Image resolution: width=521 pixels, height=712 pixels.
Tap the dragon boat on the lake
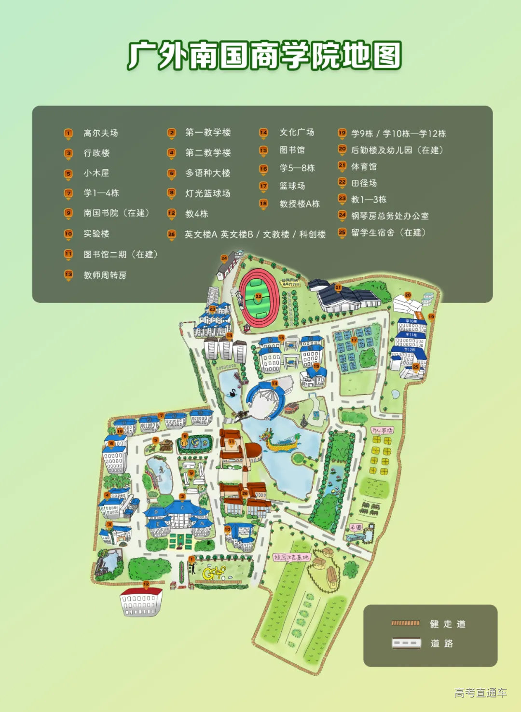tap(280, 441)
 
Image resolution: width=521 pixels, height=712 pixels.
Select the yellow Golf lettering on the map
tap(214, 573)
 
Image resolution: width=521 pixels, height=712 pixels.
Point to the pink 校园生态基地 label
tap(291, 557)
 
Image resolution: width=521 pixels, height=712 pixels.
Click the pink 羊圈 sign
tap(356, 527)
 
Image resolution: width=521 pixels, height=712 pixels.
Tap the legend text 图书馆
tap(292, 150)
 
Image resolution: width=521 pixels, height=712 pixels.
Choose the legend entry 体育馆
tap(364, 166)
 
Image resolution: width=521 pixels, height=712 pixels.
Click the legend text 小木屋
tap(96, 173)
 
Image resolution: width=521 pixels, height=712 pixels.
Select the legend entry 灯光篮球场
tap(207, 193)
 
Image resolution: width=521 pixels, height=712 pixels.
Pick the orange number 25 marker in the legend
tap(342, 233)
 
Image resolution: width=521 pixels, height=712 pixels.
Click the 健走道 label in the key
tap(447, 624)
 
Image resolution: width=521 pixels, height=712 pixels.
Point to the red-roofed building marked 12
tap(140, 601)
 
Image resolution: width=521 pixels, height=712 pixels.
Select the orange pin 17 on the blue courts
tap(354, 340)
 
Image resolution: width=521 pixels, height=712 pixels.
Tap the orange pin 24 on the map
tap(224, 258)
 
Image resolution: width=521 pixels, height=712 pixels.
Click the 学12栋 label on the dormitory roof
tap(410, 350)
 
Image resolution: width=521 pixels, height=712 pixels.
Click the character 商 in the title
tap(264, 55)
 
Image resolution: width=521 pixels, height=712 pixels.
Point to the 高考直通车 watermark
tap(480, 693)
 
